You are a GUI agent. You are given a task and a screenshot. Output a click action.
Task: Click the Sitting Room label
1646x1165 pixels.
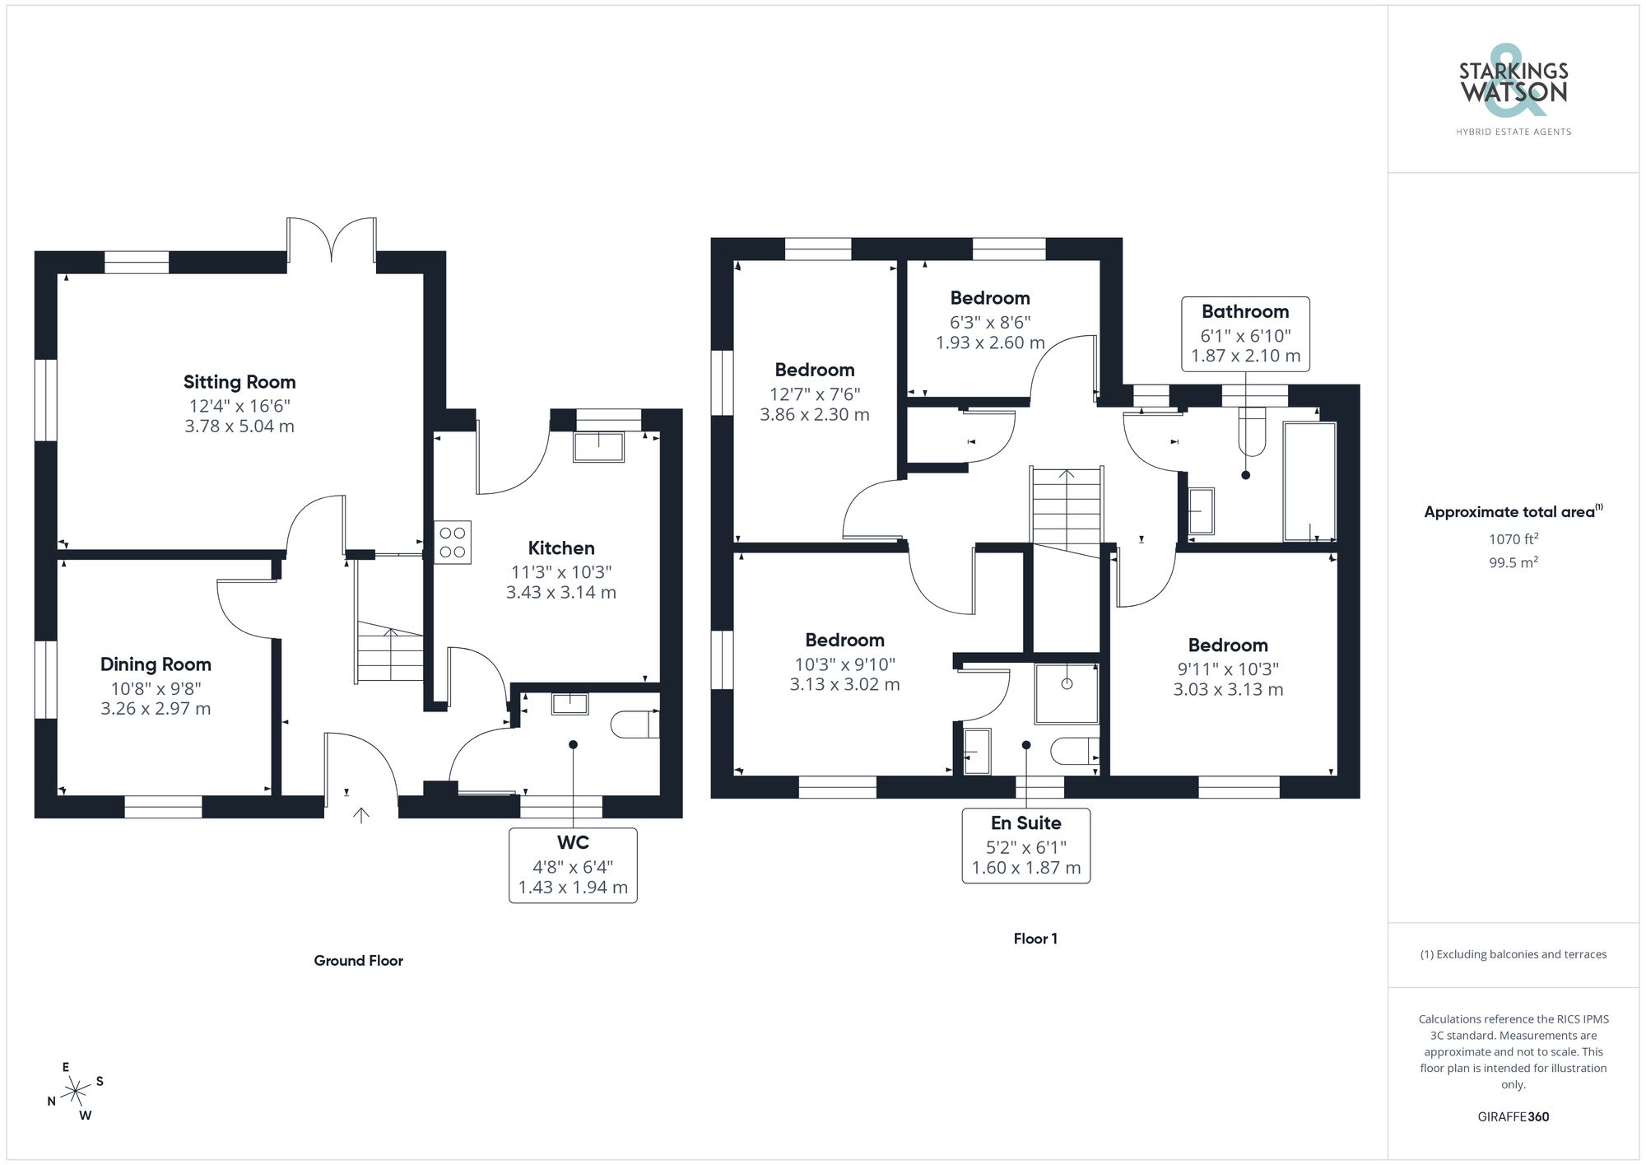[x=239, y=382]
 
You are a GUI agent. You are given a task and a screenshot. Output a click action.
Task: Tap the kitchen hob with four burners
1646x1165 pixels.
[x=453, y=542]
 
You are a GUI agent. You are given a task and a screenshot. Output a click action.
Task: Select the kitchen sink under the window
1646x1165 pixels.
[x=598, y=446]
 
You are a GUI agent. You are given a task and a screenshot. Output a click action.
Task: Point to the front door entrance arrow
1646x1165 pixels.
[x=361, y=815]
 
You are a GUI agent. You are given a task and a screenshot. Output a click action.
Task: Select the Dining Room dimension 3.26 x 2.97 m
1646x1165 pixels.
[x=156, y=709]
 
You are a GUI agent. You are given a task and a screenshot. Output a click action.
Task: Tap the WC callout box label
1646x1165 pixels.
[x=573, y=842]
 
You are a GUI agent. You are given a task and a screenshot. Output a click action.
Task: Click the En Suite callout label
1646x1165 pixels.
[x=1025, y=822]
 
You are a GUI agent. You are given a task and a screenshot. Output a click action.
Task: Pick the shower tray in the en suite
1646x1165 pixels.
[x=1067, y=694]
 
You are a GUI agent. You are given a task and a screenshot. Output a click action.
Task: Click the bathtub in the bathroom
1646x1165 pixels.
[x=1309, y=482]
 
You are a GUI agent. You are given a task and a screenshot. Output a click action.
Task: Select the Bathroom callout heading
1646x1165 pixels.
[x=1244, y=311]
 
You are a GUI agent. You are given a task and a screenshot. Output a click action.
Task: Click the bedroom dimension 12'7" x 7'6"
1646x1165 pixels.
[x=814, y=394]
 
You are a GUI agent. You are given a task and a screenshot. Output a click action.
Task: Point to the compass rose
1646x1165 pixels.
[x=76, y=1092]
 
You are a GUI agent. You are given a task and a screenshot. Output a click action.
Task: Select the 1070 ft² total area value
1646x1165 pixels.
[x=1513, y=539]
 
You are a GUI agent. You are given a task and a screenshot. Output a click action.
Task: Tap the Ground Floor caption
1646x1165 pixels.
[x=358, y=960]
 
